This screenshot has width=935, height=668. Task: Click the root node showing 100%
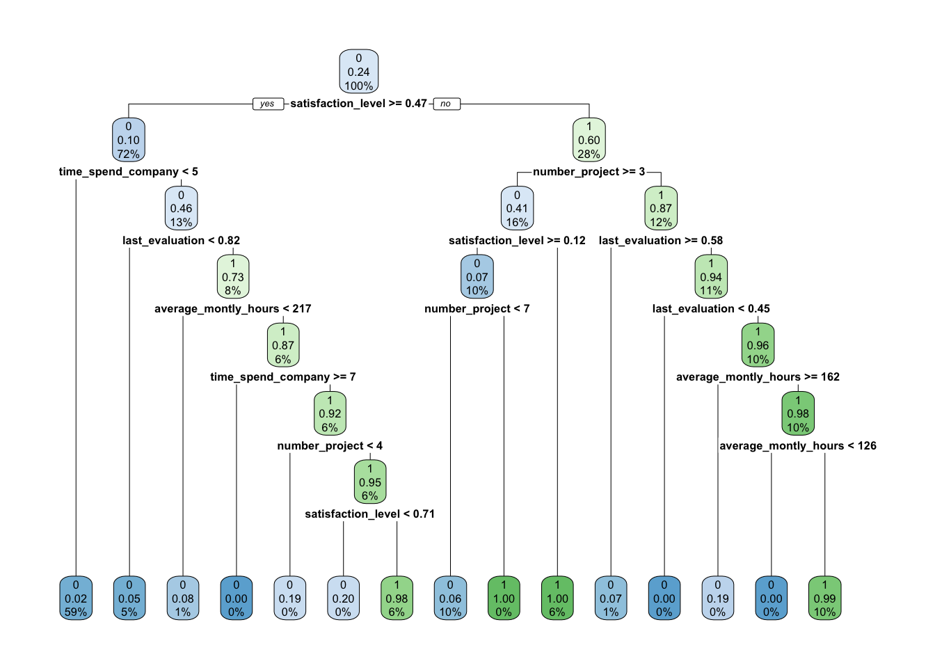point(359,72)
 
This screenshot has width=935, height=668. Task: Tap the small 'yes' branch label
point(267,104)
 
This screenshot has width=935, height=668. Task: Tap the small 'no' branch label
point(446,104)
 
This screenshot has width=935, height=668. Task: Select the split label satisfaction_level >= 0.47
point(358,103)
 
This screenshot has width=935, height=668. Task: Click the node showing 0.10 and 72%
point(129,140)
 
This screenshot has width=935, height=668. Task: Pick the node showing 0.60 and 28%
point(589,140)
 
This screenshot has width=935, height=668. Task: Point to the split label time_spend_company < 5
point(129,172)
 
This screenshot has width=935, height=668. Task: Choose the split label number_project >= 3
point(589,172)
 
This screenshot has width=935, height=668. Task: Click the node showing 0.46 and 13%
point(182,208)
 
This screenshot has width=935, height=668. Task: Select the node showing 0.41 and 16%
point(517,208)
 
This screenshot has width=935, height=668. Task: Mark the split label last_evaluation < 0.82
point(181,241)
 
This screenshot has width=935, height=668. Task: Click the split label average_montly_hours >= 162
point(758,377)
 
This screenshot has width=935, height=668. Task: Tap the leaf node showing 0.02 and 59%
point(76,598)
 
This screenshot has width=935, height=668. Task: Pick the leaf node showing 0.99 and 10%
point(825,598)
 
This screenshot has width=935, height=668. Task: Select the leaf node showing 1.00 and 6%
point(557,598)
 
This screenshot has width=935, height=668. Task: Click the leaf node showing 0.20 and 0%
point(343,598)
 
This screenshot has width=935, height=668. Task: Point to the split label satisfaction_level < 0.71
point(369,514)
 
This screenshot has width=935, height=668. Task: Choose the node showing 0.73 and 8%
point(233,276)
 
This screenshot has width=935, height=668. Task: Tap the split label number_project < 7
point(477,309)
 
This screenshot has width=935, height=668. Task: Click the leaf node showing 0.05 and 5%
point(129,598)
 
